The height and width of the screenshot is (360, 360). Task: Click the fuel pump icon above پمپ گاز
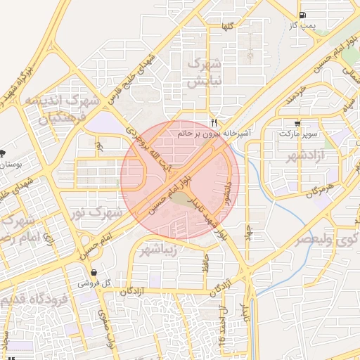tap(302, 15)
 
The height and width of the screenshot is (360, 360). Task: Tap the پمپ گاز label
tap(302, 26)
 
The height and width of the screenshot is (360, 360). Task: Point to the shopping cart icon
tap(299, 122)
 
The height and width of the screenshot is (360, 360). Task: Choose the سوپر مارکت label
tap(299, 133)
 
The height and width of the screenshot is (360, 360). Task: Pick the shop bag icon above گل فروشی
tap(94, 272)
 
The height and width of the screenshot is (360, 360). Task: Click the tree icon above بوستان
tap(2, 153)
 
